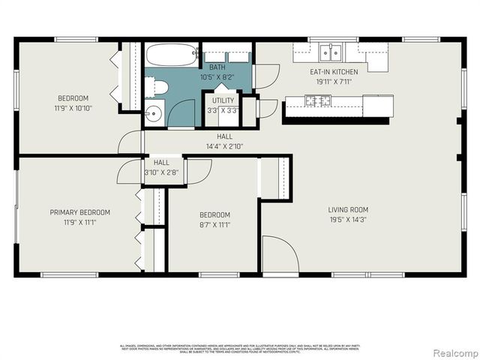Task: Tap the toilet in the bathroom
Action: pyautogui.click(x=158, y=88)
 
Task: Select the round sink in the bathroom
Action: pyautogui.click(x=153, y=114)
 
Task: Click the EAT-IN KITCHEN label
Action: pyautogui.click(x=334, y=72)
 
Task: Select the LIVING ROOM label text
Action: pyautogui.click(x=348, y=210)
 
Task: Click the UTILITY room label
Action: pyautogui.click(x=223, y=100)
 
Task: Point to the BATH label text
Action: pyautogui.click(x=217, y=67)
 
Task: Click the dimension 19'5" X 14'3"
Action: pyautogui.click(x=348, y=220)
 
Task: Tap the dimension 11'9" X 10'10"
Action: pyautogui.click(x=73, y=108)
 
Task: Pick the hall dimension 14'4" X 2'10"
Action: pyautogui.click(x=224, y=146)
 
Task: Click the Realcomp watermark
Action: pyautogui.click(x=453, y=352)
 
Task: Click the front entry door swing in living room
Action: pyautogui.click(x=279, y=255)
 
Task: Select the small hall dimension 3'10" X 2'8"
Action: pyautogui.click(x=161, y=172)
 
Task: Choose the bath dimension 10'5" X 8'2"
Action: pyautogui.click(x=217, y=76)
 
